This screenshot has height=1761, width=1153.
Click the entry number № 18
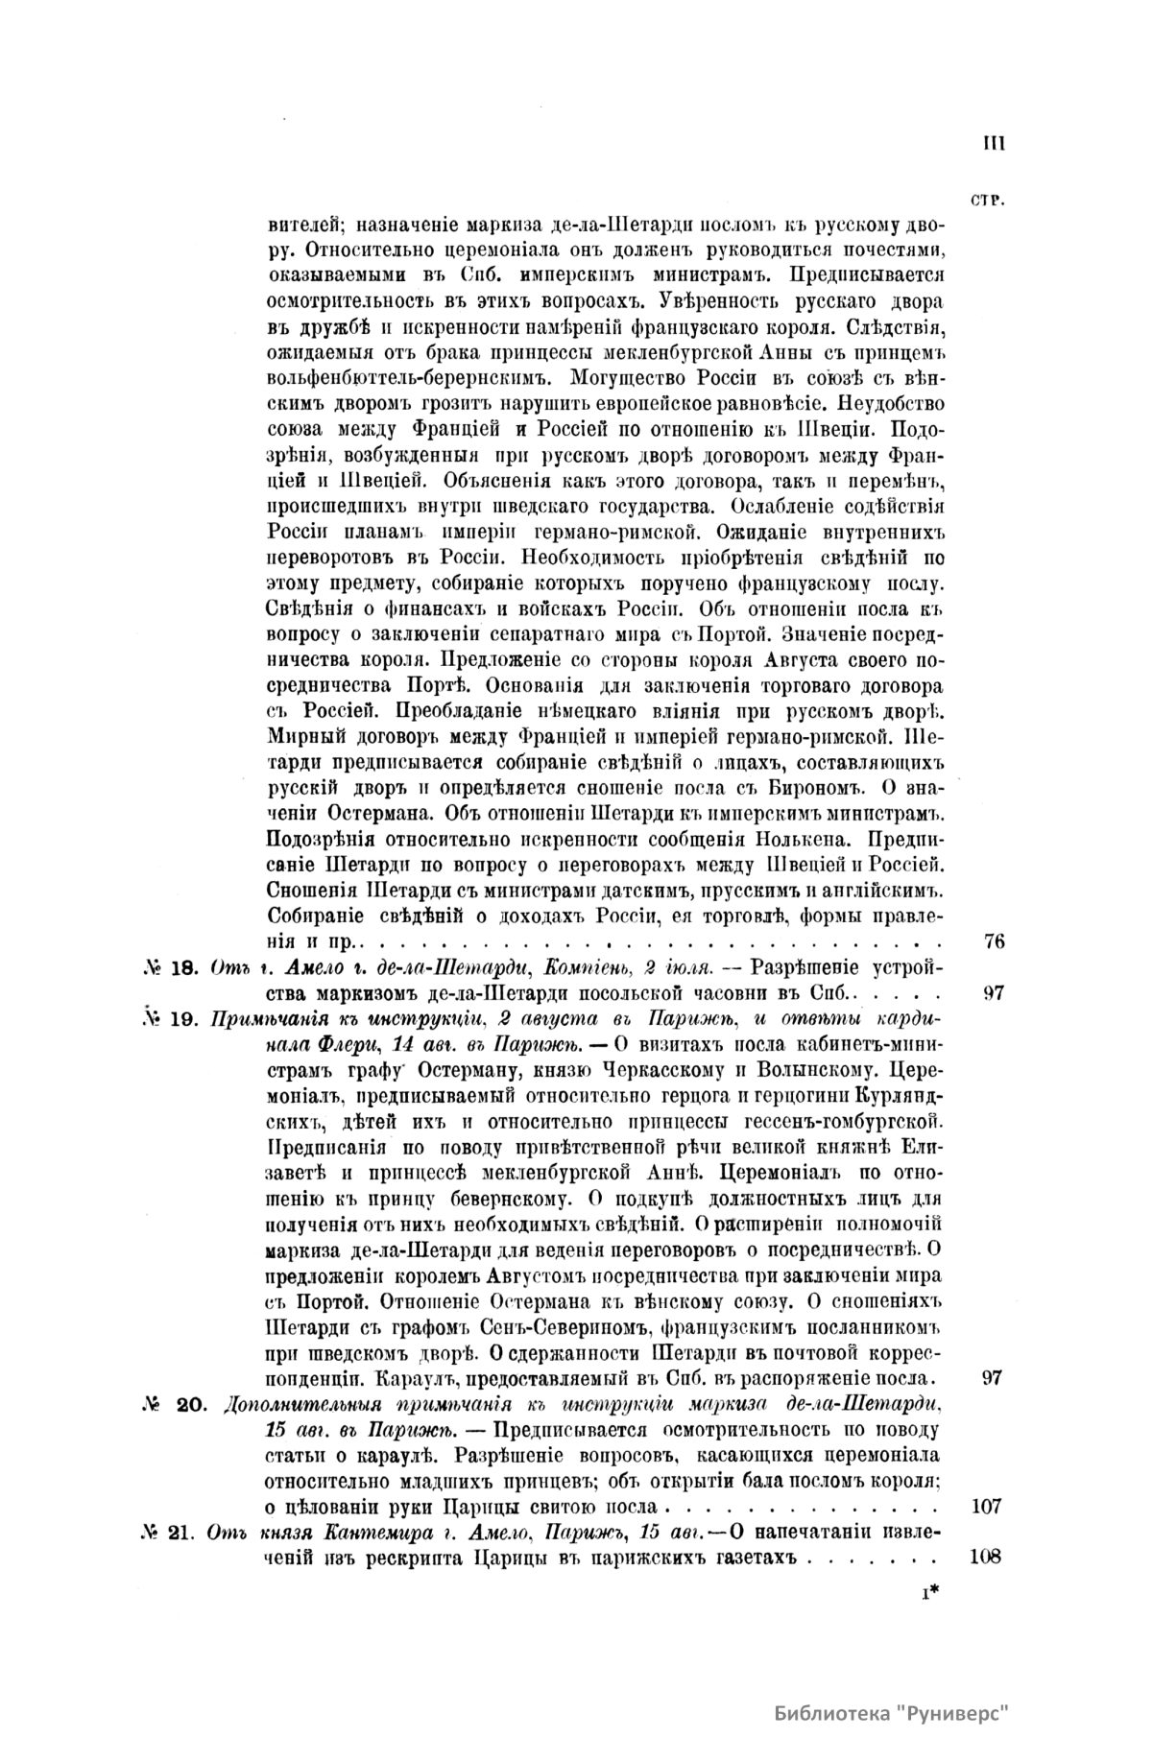pyautogui.click(x=169, y=966)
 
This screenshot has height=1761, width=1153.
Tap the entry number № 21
pyautogui.click(x=169, y=1531)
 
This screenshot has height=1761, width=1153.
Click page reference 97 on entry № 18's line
pyautogui.click(x=994, y=992)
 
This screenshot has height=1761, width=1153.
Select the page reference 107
pyautogui.click(x=988, y=1506)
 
